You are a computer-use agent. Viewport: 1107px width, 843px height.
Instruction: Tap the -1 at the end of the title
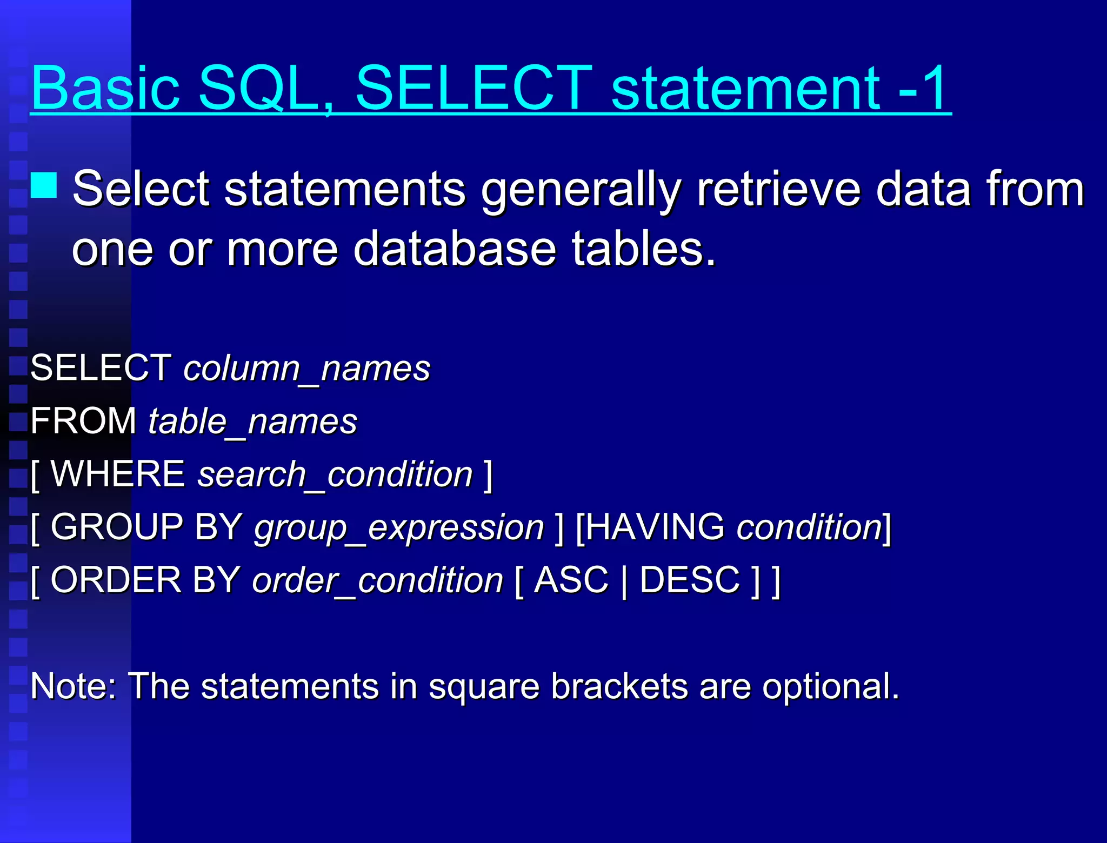pos(922,88)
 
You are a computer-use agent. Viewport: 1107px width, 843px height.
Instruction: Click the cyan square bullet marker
pos(44,185)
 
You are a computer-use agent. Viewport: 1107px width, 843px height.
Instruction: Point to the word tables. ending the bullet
pos(643,249)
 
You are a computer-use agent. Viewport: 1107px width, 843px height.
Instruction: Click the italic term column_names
pos(306,369)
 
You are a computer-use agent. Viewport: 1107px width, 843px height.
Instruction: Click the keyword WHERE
pos(118,474)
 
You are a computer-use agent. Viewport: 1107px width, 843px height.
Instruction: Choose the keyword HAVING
pos(655,527)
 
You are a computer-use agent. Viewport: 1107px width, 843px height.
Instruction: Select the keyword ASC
pos(571,580)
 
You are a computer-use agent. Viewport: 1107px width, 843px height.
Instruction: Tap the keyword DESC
pos(690,580)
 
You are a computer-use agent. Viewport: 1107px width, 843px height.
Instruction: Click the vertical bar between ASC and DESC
pos(624,581)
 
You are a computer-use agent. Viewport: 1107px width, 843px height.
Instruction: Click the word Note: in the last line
pos(73,687)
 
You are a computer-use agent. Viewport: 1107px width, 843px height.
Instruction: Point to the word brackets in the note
pos(619,687)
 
